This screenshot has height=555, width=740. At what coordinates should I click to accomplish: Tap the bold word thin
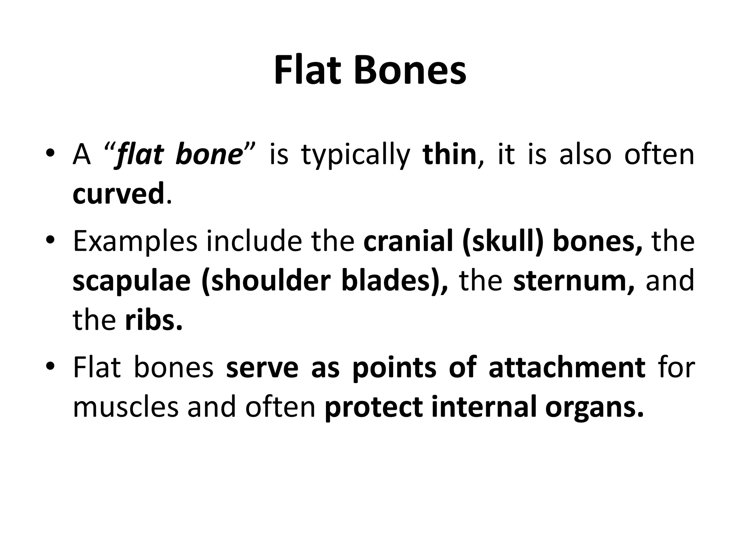pos(449,155)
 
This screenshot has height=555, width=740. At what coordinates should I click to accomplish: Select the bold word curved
pos(119,194)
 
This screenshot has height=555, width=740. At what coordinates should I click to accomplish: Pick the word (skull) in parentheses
pos(502,242)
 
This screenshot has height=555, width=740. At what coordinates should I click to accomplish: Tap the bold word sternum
pos(573,281)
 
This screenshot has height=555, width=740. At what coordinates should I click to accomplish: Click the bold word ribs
pos(153,320)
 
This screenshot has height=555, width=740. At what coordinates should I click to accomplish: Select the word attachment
pos(567,368)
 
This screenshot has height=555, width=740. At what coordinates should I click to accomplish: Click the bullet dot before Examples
pos(51,241)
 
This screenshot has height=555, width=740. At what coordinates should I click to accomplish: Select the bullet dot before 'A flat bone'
pos(51,154)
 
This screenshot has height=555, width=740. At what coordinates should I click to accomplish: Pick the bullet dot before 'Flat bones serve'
pos(51,367)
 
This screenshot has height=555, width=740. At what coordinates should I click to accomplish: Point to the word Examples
pos(135,242)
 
